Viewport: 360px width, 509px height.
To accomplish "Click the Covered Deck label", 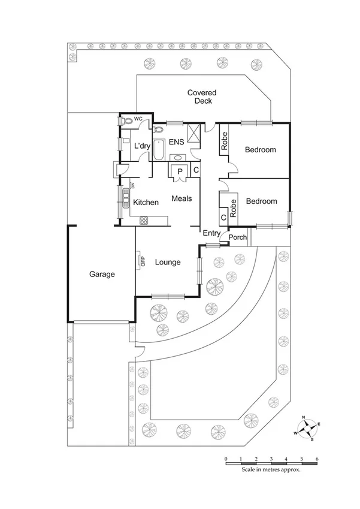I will [201, 97].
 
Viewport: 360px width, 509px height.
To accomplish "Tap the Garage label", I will [102, 274].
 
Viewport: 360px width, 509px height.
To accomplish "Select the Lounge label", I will [168, 262].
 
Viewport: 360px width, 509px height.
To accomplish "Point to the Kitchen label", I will [146, 203].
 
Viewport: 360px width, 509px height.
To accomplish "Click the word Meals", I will [181, 198].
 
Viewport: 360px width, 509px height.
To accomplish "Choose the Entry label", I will [211, 233].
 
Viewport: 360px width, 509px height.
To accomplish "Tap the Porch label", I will [238, 237].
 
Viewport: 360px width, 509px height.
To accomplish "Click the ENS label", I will [176, 142].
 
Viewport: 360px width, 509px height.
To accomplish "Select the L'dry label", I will [142, 146].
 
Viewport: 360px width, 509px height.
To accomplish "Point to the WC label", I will [138, 119].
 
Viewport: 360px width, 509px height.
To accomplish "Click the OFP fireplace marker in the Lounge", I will [143, 261].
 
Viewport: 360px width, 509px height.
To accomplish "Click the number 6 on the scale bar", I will [317, 459].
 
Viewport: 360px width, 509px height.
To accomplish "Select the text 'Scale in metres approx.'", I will [271, 470].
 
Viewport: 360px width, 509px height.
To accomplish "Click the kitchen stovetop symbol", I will [144, 220].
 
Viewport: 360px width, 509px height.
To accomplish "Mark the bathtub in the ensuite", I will [159, 149].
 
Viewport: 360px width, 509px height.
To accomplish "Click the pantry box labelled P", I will [180, 172].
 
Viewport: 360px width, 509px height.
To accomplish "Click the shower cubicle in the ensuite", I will [194, 132].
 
